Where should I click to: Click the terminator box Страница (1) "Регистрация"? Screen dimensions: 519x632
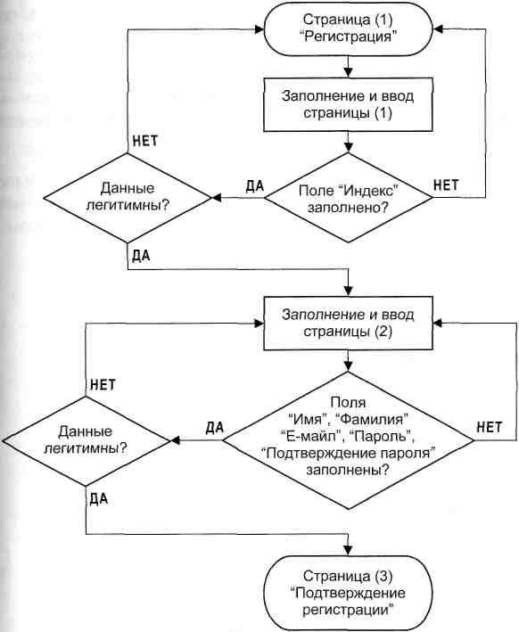pyautogui.click(x=348, y=29)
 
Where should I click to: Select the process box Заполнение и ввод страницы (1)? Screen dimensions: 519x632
pyautogui.click(x=348, y=105)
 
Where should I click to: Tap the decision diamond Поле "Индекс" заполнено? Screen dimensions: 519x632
pyautogui.click(x=348, y=198)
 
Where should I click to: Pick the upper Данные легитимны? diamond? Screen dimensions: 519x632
pyautogui.click(x=128, y=198)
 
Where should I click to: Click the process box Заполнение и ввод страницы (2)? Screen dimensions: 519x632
pyautogui.click(x=348, y=324)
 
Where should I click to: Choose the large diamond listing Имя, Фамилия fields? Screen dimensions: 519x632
pyautogui.click(x=348, y=440)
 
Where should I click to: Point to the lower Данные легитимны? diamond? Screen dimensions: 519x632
pyautogui.click(x=86, y=440)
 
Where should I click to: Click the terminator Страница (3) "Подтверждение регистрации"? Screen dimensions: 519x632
pyautogui.click(x=348, y=593)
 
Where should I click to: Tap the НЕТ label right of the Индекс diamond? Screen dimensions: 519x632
pyautogui.click(x=446, y=185)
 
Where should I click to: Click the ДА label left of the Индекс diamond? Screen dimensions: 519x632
pyautogui.click(x=254, y=185)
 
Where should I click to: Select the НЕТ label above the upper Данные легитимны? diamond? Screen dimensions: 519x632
pyautogui.click(x=144, y=141)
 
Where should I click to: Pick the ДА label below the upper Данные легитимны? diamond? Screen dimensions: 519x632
pyautogui.click(x=141, y=256)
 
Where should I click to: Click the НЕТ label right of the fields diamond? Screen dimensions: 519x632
pyautogui.click(x=490, y=427)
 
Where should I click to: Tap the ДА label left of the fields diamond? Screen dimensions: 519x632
pyautogui.click(x=214, y=428)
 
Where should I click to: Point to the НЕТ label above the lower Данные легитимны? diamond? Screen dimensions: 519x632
pyautogui.click(x=103, y=384)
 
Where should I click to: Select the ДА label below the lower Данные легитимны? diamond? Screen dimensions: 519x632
pyautogui.click(x=99, y=499)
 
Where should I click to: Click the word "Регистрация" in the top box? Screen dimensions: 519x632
pyautogui.click(x=348, y=37)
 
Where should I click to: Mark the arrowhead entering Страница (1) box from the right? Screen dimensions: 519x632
pyautogui.click(x=439, y=29)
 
